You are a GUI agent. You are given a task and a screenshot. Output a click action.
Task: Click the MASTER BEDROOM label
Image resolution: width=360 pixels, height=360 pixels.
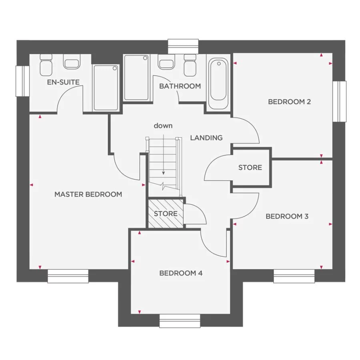88,194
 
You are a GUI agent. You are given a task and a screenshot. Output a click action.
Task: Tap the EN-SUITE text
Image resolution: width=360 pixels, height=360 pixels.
63,82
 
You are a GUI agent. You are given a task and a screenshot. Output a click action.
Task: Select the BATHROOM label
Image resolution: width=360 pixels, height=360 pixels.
180,86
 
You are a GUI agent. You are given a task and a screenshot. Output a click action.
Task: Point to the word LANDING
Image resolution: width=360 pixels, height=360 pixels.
206,138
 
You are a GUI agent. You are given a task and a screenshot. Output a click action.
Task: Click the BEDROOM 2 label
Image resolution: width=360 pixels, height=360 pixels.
289,102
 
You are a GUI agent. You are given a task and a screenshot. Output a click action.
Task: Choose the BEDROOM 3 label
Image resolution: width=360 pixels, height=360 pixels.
287,216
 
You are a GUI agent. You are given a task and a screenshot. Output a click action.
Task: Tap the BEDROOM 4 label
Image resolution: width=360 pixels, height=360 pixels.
181,274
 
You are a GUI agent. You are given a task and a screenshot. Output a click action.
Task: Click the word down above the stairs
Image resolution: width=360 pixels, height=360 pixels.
163,126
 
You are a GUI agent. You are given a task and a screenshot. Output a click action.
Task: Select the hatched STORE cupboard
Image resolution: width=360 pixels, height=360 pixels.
166,214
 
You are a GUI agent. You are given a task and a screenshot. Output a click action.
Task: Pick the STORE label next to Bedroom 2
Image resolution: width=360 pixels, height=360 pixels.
250,168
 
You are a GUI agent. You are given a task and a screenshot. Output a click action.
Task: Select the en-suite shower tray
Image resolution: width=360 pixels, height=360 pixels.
106,88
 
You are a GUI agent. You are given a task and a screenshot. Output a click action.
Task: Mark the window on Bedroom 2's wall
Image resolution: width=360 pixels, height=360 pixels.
340,101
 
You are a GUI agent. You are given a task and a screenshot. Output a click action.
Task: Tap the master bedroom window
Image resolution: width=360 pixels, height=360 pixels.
68,276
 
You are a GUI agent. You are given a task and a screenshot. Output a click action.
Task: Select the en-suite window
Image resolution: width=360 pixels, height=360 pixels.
22,81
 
